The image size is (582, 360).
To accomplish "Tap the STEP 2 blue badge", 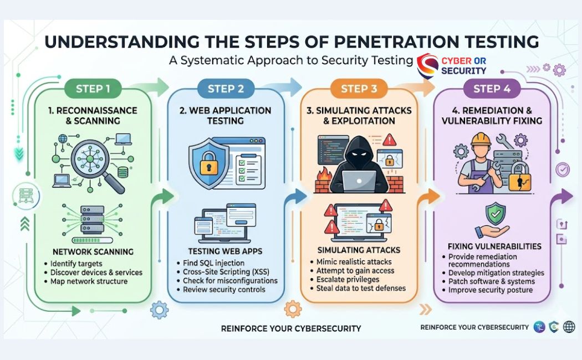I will coord(226,89).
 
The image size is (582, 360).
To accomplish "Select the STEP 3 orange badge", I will coord(359,89).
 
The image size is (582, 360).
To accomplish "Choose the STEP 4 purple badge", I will coord(492,89).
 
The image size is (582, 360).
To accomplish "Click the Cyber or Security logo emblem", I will coord(427,65).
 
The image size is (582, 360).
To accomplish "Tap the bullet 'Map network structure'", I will coord(89,281).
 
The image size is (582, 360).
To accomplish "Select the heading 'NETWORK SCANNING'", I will coord(93,251).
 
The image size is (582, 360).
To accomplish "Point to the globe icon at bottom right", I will coord(569,327).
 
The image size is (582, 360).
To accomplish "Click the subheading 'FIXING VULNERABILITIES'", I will coord(494,246).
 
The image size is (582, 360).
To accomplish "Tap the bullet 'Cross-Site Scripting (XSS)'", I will coord(227,271).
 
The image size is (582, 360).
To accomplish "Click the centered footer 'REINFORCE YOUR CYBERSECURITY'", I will coord(290,328).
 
